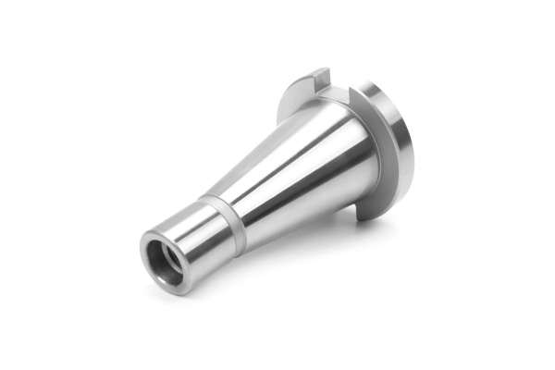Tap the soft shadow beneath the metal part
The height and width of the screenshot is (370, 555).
[x=277, y=259]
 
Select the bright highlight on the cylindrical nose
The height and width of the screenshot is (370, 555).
[x=185, y=227]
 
